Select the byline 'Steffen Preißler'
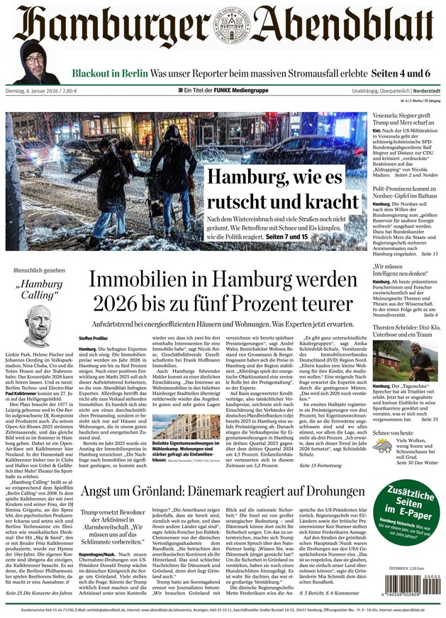tap(93, 337)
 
